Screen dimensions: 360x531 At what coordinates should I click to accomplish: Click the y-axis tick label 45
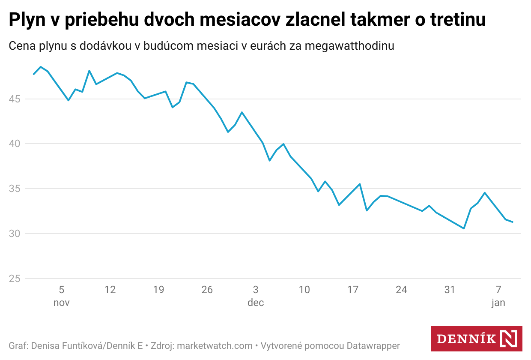[15, 99]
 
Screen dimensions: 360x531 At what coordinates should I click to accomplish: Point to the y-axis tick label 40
[15, 144]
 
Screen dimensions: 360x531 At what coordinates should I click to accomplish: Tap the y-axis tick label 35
[15, 189]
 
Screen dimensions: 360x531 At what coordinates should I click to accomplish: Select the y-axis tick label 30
[15, 234]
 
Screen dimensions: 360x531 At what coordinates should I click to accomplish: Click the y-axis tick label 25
[15, 279]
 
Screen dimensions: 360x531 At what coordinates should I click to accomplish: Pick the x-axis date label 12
[110, 290]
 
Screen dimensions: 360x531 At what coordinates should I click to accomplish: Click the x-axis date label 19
[158, 290]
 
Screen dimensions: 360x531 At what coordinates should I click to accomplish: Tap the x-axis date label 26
[207, 290]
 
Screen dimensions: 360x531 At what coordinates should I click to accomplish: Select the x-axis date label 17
[352, 290]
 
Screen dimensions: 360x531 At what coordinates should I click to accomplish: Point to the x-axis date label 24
[401, 290]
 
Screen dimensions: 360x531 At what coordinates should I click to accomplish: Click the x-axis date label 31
[450, 290]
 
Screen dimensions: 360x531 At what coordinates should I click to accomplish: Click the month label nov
[61, 303]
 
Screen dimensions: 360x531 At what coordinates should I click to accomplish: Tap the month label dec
[256, 303]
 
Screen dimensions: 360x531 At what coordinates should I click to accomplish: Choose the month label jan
[498, 303]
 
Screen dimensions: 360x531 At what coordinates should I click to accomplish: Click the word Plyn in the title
[30, 20]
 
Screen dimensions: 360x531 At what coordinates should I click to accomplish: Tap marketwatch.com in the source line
[215, 345]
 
